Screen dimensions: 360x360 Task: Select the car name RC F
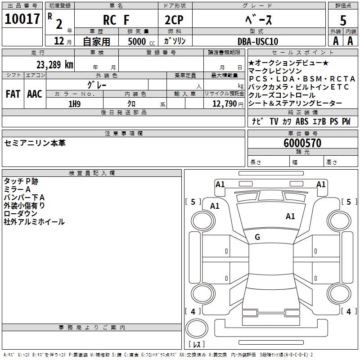coord(116,20)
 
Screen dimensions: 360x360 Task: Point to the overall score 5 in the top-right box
coord(343,20)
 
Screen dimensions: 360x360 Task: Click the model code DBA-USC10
coord(258,41)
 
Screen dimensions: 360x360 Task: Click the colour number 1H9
coord(74,103)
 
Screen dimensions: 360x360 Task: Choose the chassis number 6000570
coord(302,143)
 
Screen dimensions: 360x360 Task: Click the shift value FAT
coord(13,94)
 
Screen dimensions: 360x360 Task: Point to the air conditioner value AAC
coord(35,94)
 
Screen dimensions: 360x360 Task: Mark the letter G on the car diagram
coord(257,237)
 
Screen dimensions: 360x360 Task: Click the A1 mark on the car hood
coord(290,216)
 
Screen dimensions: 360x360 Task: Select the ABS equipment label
coord(302,121)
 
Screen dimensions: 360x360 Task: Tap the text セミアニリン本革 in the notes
coord(35,143)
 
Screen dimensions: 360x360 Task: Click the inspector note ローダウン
coord(21,213)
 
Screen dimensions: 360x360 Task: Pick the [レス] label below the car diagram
coord(197,344)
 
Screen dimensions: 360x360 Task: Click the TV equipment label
coord(274,121)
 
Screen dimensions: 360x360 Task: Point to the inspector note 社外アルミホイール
coord(34,221)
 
